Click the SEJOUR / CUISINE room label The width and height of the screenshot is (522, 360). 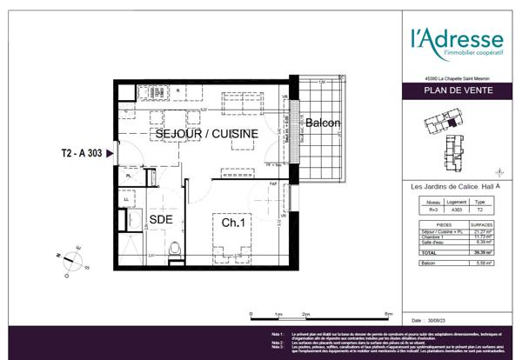(x=206, y=135)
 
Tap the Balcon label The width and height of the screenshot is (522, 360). (x=322, y=123)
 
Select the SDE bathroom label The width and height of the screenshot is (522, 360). (x=161, y=221)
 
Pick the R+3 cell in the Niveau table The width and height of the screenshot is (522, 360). (x=424, y=210)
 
